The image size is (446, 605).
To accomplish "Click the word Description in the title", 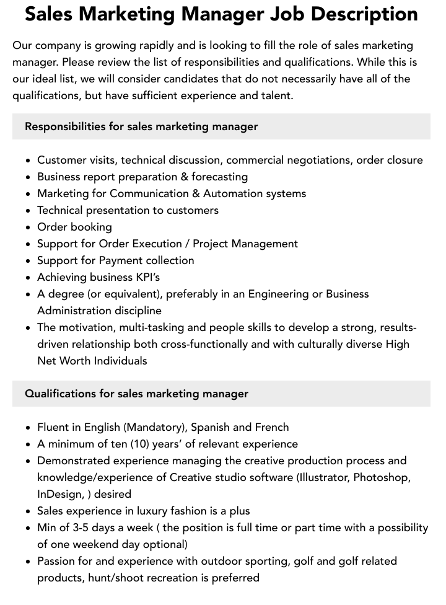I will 360,14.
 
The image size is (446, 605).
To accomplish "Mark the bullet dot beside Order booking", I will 28,227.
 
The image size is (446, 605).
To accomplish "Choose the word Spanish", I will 210,427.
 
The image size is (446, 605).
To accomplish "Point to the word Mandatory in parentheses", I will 154,427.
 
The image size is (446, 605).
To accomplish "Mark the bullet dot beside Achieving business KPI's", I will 28,278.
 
